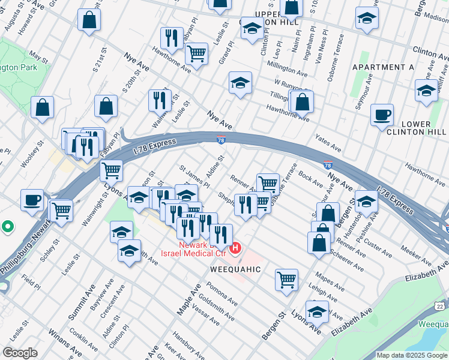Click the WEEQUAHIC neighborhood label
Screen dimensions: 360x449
pyautogui.click(x=235, y=269)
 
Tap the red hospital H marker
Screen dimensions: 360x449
pyautogui.click(x=236, y=247)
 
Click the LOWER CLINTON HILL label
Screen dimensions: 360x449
pyautogui.click(x=416, y=128)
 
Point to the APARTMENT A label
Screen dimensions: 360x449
pyautogui.click(x=383, y=67)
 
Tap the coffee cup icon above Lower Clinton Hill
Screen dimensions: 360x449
pyautogui.click(x=382, y=115)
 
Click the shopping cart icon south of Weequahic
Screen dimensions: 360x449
pyautogui.click(x=287, y=279)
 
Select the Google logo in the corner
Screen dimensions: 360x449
pyautogui.click(x=20, y=352)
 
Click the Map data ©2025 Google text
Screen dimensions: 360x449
pyautogui.click(x=412, y=355)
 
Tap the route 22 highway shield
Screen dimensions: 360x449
pyautogui.click(x=441, y=306)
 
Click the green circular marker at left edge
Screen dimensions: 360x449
pyautogui.click(x=7, y=227)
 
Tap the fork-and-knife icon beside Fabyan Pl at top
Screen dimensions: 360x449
pyautogui.click(x=172, y=38)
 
